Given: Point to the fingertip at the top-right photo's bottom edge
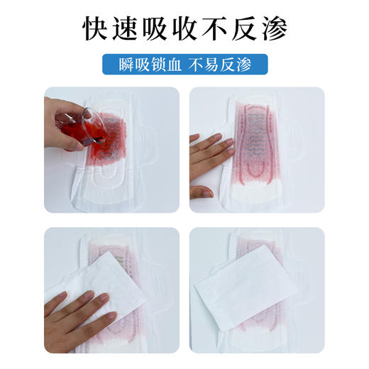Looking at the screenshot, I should tap(205, 192).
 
